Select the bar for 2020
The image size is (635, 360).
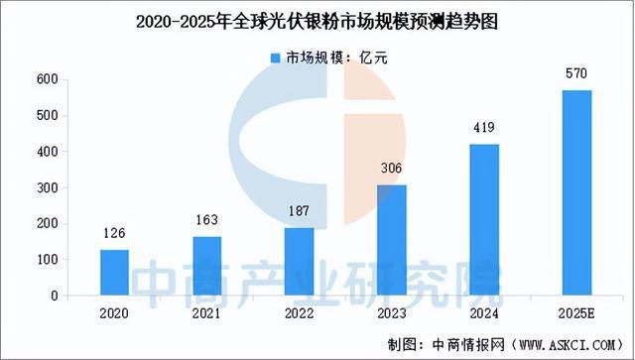(114, 273)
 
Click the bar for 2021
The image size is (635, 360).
(206, 266)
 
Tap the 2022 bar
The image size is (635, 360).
(299, 262)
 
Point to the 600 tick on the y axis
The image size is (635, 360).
(46, 79)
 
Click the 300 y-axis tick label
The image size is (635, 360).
(46, 187)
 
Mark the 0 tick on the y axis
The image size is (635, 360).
(54, 296)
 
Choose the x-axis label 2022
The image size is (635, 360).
(299, 312)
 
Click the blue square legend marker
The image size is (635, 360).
(275, 58)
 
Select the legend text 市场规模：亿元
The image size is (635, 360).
(330, 58)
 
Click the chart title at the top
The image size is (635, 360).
(317, 18)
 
